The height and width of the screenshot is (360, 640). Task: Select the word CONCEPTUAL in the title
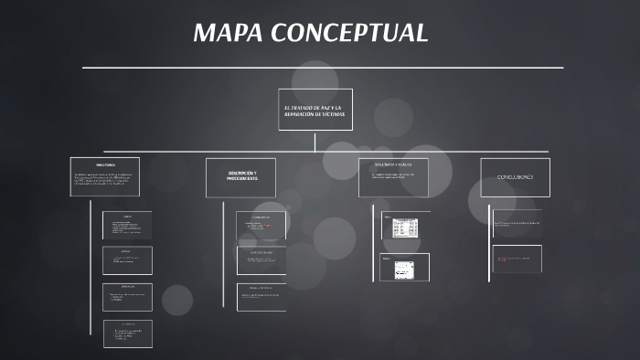click(348, 33)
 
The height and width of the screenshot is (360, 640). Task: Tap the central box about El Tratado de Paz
click(315, 110)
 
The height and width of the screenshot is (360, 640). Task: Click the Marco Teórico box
click(105, 177)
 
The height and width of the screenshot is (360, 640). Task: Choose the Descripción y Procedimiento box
click(240, 177)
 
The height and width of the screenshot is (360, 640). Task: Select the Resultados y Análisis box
click(393, 177)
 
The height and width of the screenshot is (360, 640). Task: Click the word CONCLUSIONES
click(515, 176)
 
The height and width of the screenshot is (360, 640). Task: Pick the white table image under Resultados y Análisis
click(405, 227)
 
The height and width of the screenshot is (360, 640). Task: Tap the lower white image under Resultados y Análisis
click(405, 267)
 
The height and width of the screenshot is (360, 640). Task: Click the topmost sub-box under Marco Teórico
click(127, 225)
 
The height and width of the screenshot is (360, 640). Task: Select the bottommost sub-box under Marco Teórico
click(127, 334)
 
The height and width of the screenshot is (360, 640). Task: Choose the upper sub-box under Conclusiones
click(517, 223)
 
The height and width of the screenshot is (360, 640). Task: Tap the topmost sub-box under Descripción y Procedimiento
click(261, 225)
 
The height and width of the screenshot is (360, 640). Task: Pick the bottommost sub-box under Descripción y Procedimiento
click(261, 297)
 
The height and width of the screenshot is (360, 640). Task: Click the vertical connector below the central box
click(315, 141)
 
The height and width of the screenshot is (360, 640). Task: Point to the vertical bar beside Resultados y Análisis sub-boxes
click(373, 243)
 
